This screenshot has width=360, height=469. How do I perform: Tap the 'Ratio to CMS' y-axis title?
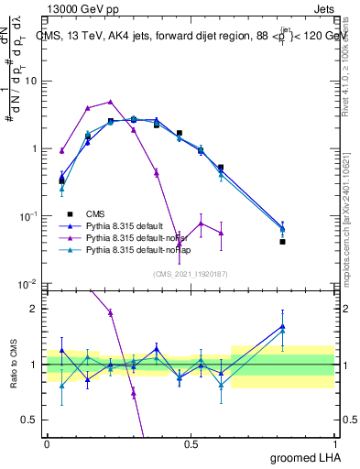pyautogui.click(x=14, y=365)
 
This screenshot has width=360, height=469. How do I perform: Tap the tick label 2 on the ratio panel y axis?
pyautogui.click(x=33, y=309)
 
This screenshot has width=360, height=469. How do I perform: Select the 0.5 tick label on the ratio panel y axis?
pyautogui.click(x=28, y=420)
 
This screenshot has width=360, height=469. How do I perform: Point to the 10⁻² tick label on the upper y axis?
pyautogui.click(x=28, y=284)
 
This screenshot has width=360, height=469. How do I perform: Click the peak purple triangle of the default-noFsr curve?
pyautogui.click(x=110, y=102)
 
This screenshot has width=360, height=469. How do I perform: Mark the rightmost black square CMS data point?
pyautogui.click(x=283, y=242)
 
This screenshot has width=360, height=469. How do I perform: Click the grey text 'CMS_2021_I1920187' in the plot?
pyautogui.click(x=190, y=273)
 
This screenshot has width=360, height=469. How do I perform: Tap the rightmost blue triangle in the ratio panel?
pyautogui.click(x=283, y=327)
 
